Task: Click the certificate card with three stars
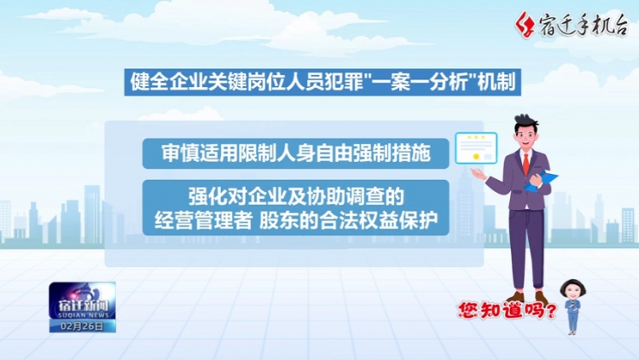(x=476, y=148)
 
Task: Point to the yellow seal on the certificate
(x=475, y=157)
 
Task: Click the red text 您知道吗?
(x=507, y=311)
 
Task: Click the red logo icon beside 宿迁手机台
(x=525, y=25)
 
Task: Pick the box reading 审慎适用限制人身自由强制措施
(x=295, y=154)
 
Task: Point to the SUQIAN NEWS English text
(x=83, y=315)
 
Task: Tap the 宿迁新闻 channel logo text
(x=83, y=305)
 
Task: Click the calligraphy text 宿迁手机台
(x=584, y=26)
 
